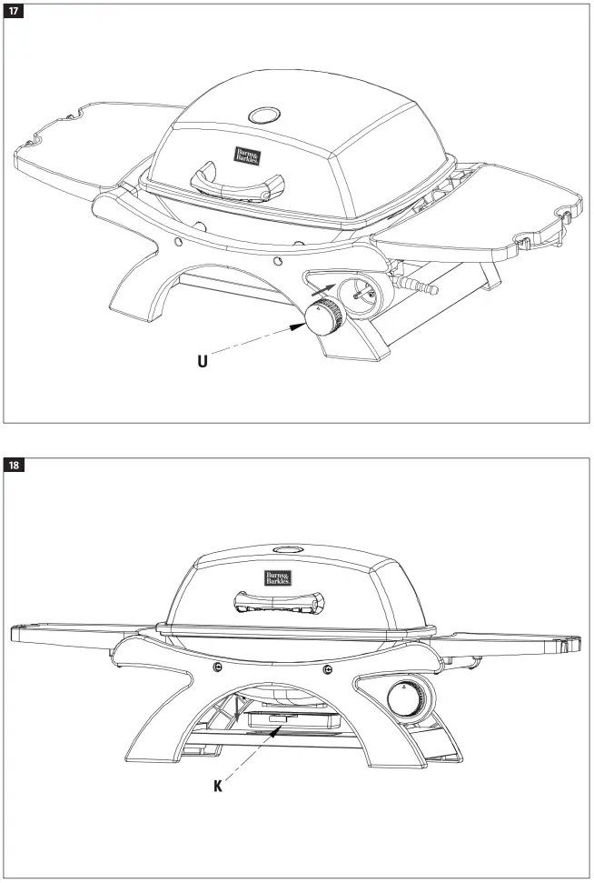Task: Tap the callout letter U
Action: tap(204, 361)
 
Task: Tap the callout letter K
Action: tap(218, 786)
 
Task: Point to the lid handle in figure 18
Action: tap(278, 603)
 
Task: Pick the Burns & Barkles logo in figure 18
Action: tap(278, 577)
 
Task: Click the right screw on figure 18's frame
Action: tap(327, 669)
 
